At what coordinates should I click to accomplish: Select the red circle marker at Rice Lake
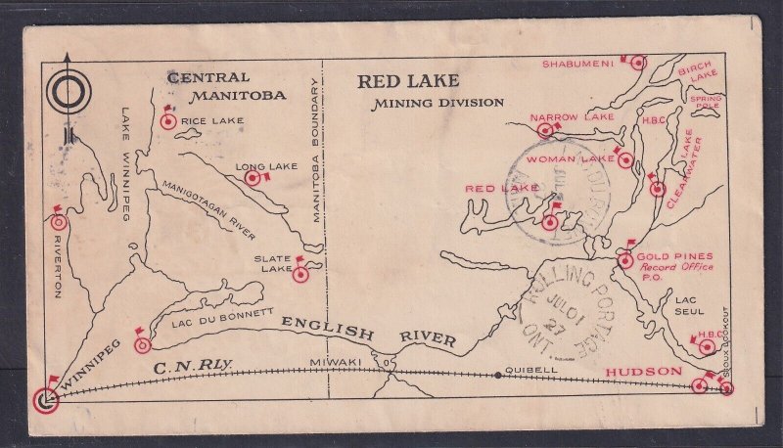166,122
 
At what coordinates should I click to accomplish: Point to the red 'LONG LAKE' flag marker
251,179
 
